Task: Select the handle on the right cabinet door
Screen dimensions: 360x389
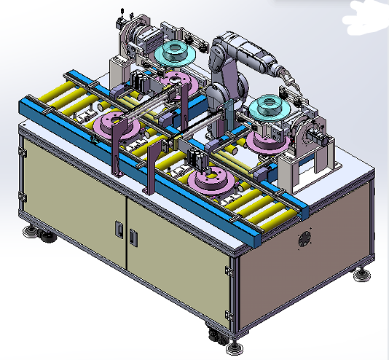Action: point(133,236)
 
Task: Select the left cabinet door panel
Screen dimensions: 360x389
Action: point(73,195)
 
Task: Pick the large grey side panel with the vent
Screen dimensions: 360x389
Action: point(306,255)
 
